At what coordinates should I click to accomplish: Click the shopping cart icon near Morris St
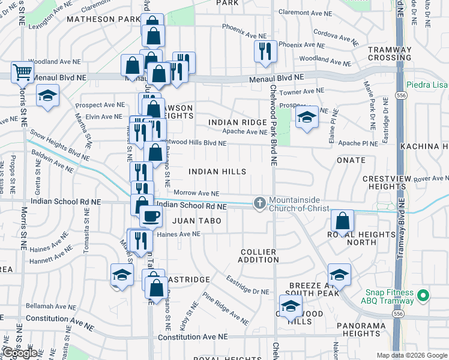click(22, 72)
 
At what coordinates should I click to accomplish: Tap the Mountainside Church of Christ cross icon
click(259, 203)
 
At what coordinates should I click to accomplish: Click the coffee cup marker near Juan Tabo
click(151, 215)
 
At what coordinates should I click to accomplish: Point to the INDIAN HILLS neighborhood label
click(217, 172)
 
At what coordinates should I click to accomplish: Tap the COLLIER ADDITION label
click(258, 256)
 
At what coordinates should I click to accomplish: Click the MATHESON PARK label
click(103, 19)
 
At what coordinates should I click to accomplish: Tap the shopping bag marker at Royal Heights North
click(342, 222)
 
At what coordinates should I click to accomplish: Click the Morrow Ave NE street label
click(196, 193)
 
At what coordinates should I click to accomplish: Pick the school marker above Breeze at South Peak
click(339, 275)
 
